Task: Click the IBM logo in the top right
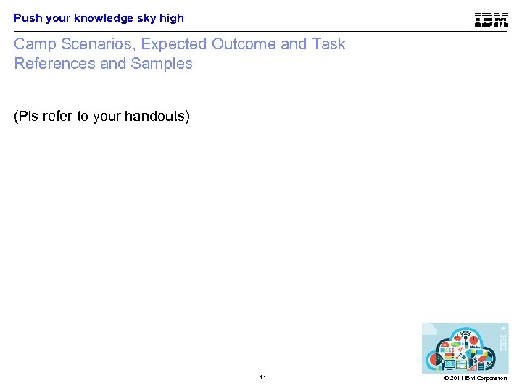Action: tap(492, 20)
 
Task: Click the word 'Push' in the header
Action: tap(27, 18)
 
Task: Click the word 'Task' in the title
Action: tap(328, 44)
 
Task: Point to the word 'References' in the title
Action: tap(54, 64)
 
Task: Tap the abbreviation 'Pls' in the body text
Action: tap(26, 116)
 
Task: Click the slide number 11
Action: tap(262, 378)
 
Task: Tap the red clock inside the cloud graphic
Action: tap(471, 339)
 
